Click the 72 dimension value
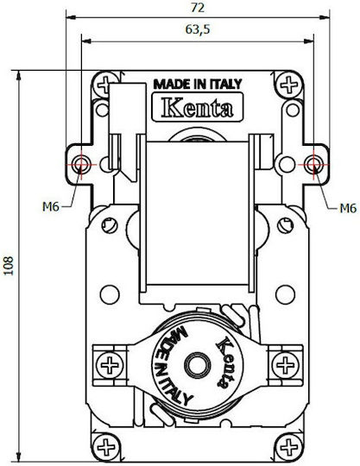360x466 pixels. (x=198, y=8)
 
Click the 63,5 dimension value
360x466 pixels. (x=198, y=29)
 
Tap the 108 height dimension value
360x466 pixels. (x=9, y=266)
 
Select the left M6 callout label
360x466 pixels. (x=51, y=206)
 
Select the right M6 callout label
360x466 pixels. (x=348, y=208)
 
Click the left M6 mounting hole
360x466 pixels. (x=81, y=164)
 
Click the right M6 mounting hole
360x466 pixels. (x=313, y=164)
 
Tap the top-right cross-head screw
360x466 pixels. (x=289, y=85)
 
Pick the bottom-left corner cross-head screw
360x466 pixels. (x=106, y=447)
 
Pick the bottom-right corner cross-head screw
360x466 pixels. (x=289, y=447)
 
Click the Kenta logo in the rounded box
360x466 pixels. (x=198, y=107)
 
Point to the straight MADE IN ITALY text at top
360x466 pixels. (x=198, y=84)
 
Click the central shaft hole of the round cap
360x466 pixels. (x=198, y=365)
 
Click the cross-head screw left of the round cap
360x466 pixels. (x=110, y=365)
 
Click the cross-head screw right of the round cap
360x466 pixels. (x=285, y=365)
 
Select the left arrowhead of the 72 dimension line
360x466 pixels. (x=71, y=17)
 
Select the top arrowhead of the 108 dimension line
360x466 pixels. (x=19, y=75)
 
